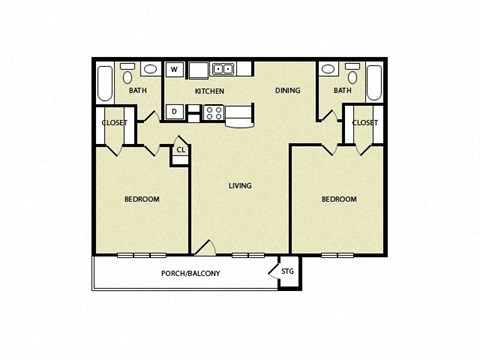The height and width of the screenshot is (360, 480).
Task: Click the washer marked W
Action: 174,69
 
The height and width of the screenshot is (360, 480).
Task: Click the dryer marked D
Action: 174,111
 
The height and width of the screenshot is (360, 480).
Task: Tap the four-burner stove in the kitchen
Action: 214,112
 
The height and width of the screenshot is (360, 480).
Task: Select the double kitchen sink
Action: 223,69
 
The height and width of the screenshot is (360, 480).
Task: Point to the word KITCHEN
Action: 209,91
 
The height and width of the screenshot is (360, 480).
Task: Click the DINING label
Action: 289,91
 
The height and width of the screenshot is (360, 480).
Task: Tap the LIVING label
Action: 240,185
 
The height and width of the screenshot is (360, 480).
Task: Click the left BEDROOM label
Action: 141,199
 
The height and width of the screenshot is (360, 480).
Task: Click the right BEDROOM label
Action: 339,199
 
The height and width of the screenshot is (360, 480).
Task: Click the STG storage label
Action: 287,270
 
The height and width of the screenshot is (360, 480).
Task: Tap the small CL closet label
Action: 180,150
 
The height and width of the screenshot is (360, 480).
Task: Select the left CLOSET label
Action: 113,123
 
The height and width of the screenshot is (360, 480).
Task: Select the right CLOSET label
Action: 365,123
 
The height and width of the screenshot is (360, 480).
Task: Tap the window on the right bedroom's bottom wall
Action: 337,255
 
